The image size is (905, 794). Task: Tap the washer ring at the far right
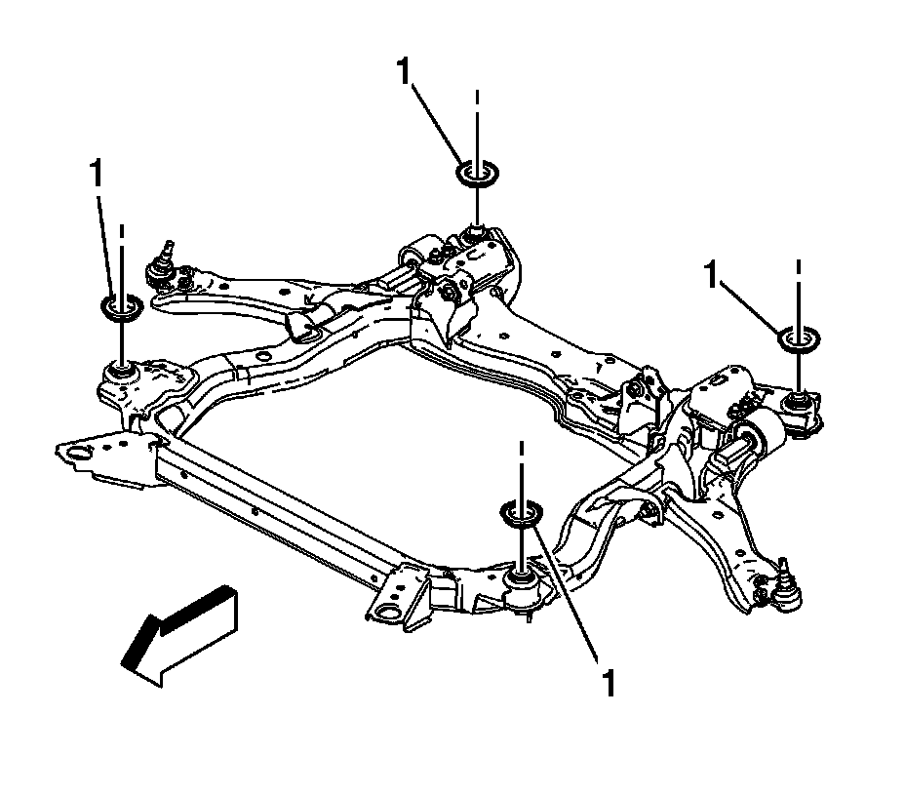tap(798, 338)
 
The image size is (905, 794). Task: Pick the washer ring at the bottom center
tap(522, 512)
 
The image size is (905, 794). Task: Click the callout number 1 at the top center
tap(404, 71)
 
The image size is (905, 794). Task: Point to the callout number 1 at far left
tap(96, 175)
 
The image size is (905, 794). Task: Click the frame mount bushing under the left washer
tap(121, 371)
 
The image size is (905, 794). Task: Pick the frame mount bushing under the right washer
tap(798, 400)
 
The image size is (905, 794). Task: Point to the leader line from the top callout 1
tap(439, 122)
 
